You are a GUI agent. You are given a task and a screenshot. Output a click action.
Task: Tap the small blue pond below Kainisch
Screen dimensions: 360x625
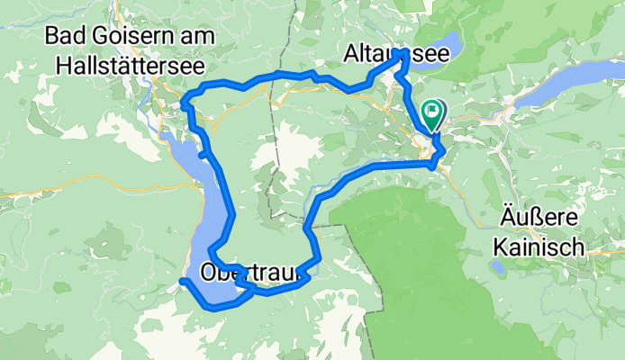497,266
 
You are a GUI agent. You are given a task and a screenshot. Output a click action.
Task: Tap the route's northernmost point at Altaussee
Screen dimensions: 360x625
401,54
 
